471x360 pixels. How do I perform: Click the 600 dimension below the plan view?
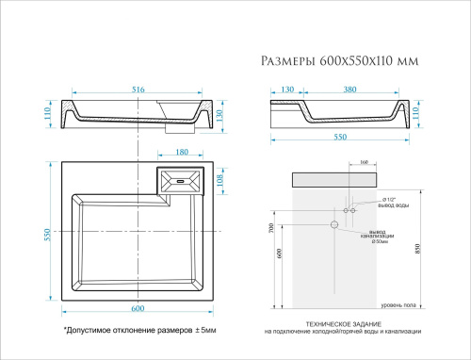coord(137,309)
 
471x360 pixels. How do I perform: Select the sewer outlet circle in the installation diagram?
coord(333,225)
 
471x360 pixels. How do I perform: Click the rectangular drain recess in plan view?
coord(181,180)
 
